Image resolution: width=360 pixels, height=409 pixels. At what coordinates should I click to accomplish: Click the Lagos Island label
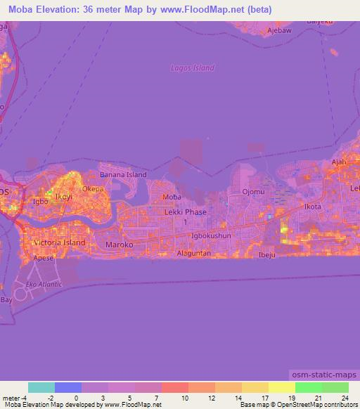point(192,68)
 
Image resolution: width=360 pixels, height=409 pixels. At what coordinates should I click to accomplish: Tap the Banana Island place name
point(123,174)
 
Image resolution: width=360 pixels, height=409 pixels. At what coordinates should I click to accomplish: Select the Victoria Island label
point(60,243)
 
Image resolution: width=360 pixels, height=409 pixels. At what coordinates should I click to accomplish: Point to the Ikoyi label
point(64,197)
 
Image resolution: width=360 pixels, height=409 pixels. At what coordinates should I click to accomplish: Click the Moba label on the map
point(172,197)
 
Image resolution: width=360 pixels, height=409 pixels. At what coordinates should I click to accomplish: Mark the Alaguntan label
point(194,251)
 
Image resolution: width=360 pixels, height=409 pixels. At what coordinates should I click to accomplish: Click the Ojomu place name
point(253,192)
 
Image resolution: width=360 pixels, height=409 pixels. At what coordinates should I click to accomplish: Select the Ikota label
point(311,207)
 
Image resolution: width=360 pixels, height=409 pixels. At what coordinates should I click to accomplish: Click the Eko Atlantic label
point(44,284)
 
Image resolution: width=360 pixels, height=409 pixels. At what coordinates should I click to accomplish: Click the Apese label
point(43,258)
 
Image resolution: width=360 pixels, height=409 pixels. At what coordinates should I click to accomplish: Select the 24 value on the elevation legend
point(345,398)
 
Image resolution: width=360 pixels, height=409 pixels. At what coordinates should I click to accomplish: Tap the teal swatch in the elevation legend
point(41,387)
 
